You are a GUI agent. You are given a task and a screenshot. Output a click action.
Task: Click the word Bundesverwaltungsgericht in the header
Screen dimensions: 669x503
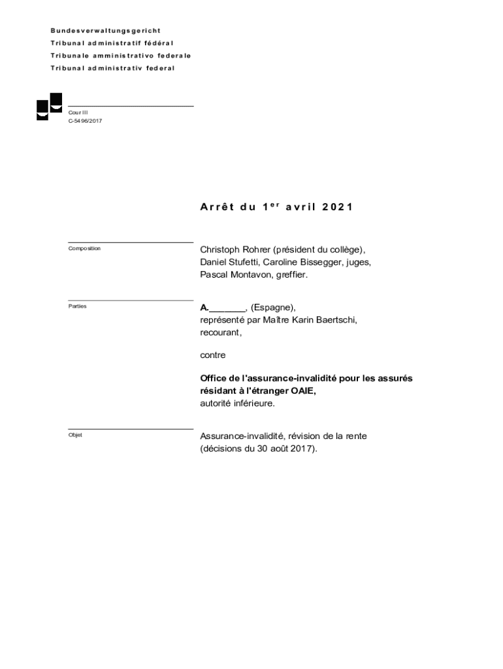(106, 31)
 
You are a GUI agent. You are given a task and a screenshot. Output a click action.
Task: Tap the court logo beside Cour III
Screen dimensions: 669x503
(49, 106)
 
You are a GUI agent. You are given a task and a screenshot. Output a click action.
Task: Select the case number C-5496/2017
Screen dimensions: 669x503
(85, 121)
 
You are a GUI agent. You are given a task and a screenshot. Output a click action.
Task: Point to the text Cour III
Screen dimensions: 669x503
(78, 112)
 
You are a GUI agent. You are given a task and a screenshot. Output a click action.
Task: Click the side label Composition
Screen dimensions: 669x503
(84, 249)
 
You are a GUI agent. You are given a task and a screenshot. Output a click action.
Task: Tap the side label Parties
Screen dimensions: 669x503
(77, 306)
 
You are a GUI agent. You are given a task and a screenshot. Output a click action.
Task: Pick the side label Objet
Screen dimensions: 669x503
(75, 434)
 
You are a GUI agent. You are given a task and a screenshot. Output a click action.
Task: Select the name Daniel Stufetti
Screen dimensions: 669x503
(229, 262)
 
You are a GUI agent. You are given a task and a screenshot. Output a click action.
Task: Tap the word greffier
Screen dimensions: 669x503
(290, 275)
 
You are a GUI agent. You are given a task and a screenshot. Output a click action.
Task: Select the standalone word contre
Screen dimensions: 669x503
(213, 355)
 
